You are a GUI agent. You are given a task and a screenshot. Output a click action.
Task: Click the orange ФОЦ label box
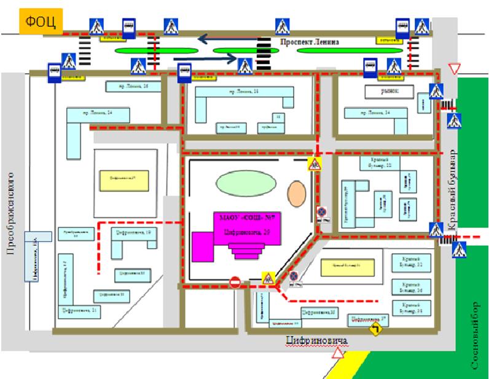tap(41, 22)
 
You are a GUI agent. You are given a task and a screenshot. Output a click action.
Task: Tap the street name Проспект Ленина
tap(309, 42)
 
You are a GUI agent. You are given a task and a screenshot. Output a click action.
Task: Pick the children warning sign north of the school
tap(315, 164)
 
